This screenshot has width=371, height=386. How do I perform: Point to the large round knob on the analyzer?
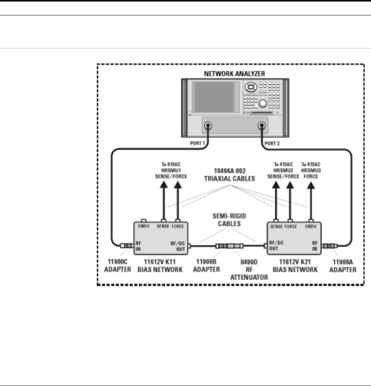click(263, 103)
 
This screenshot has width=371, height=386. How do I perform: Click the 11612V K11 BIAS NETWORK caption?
click(160, 265)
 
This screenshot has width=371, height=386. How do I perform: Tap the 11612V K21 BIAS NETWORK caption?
click(294, 265)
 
